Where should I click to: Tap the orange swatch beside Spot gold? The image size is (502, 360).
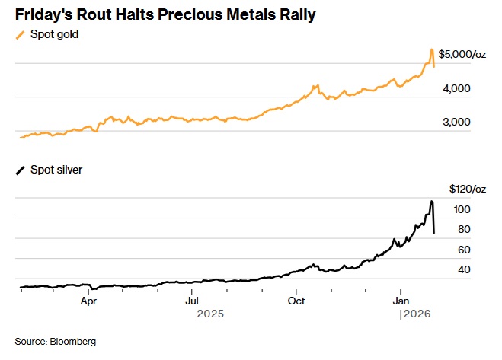20,34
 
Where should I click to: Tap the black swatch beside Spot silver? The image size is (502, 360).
20,170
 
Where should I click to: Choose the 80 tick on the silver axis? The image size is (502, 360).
462,229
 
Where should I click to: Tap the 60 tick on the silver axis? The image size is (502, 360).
462,250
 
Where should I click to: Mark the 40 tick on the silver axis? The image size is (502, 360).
462,270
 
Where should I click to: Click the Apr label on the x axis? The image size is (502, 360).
89,301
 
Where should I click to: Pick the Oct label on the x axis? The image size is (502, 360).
296,301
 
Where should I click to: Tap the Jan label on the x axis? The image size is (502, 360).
401,301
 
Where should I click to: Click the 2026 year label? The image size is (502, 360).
415,314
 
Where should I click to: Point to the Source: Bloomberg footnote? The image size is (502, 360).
56,341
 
